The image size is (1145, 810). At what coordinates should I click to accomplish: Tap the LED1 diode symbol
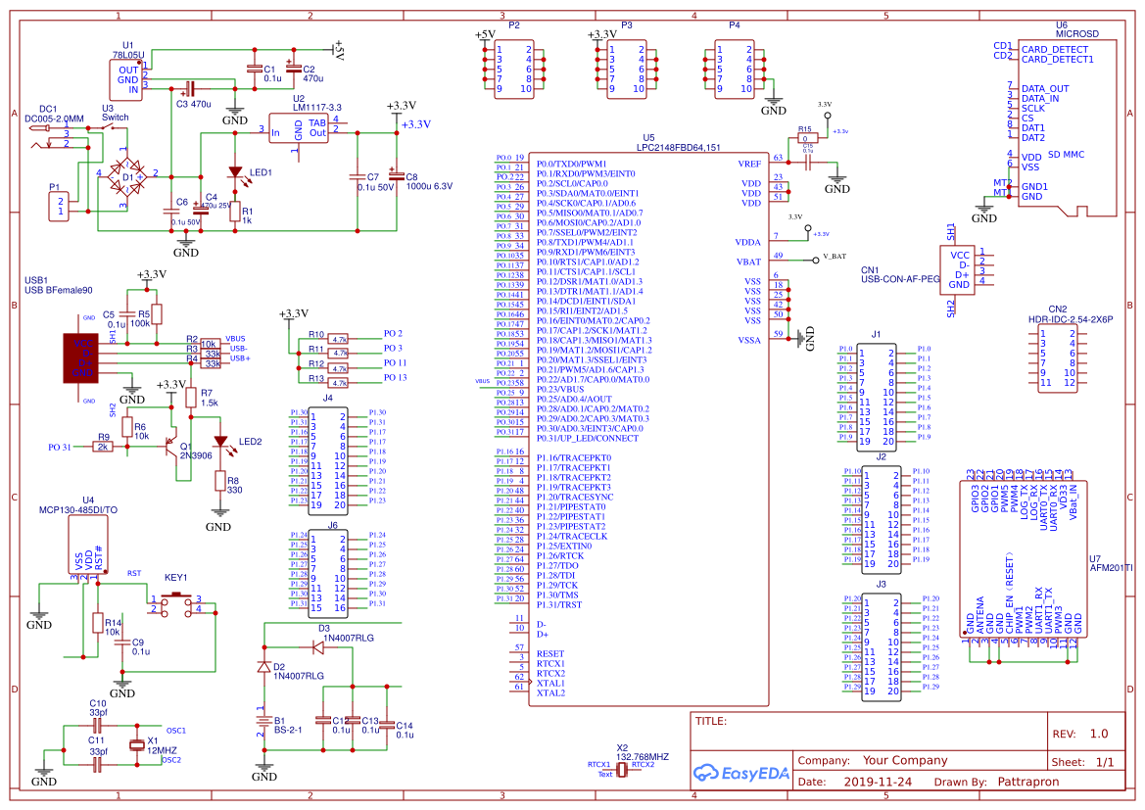tap(235, 173)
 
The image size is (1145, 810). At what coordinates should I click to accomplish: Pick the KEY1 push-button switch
tap(177, 604)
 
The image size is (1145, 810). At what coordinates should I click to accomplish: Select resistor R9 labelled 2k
tap(102, 447)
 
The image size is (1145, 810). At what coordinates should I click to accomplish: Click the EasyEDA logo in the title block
tap(740, 772)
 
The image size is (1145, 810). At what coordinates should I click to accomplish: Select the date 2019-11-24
tap(878, 783)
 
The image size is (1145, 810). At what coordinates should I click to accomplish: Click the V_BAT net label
tap(834, 257)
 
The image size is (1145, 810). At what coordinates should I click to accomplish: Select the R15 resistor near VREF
tap(806, 138)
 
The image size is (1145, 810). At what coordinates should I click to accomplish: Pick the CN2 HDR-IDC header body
tap(1057, 357)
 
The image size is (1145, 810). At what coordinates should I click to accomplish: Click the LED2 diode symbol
tap(220, 443)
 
